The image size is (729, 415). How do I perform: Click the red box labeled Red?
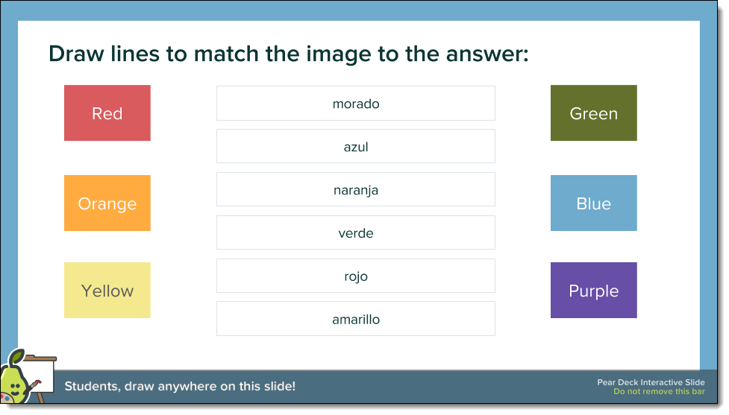[107, 113]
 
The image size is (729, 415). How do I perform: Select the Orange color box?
[107, 203]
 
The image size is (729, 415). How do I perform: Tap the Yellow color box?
[107, 291]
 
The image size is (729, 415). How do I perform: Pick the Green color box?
[593, 113]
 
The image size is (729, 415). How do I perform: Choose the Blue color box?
[593, 203]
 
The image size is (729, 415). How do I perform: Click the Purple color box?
[593, 291]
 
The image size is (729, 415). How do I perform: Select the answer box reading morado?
[356, 104]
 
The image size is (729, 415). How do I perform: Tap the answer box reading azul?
[356, 147]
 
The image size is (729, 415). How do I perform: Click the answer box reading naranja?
[356, 190]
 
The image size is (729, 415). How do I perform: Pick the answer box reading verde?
[356, 233]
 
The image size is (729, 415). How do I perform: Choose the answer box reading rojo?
[356, 276]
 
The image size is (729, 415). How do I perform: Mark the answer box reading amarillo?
[356, 320]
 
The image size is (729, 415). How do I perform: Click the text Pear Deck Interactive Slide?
[651, 382]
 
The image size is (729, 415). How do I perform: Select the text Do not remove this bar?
[659, 392]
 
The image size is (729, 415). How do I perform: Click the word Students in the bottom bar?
[92, 387]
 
